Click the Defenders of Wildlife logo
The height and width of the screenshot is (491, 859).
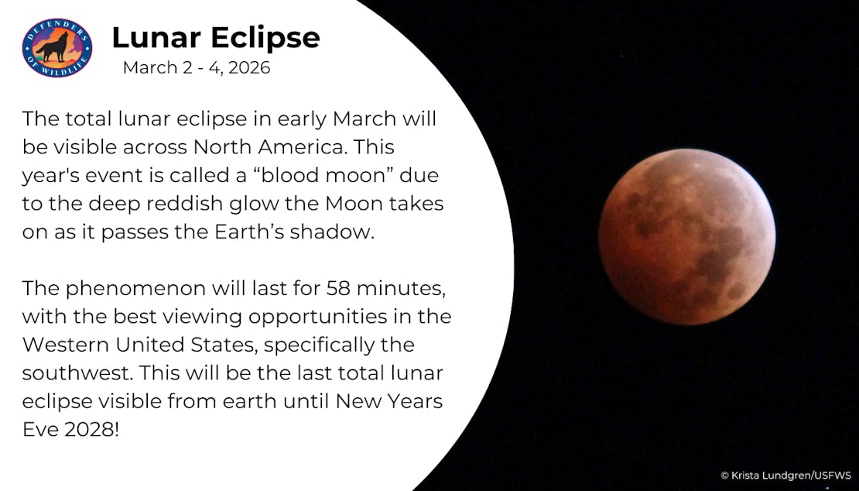(x=56, y=48)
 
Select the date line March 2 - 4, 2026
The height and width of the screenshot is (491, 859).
(x=197, y=68)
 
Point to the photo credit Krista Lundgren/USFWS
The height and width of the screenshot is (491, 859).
(x=785, y=475)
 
